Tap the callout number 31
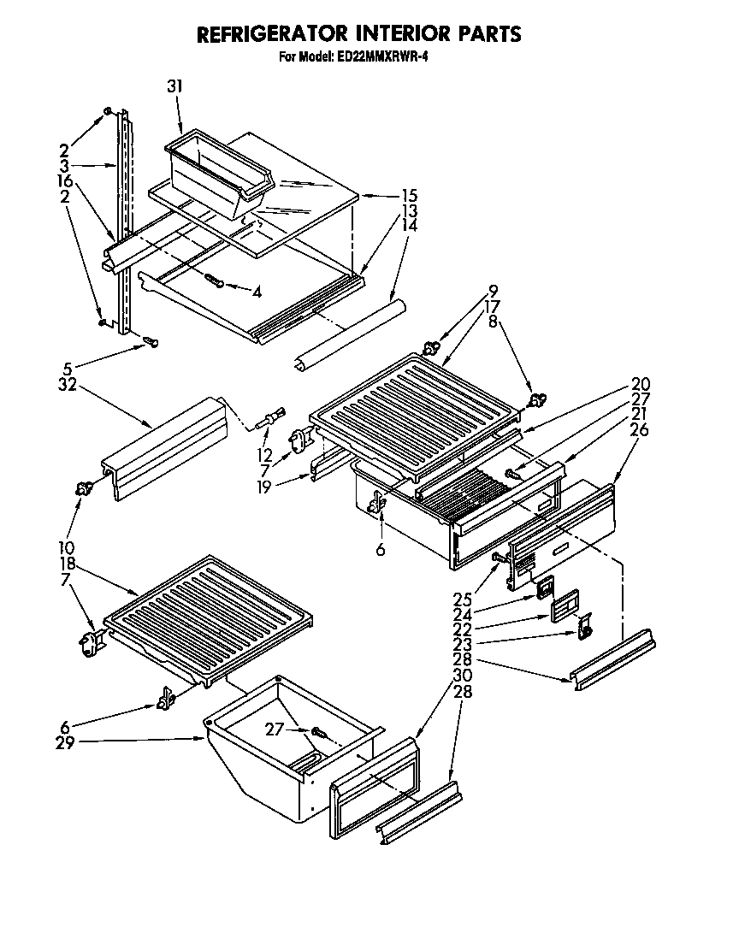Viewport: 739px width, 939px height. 175,86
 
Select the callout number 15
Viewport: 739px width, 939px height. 387,195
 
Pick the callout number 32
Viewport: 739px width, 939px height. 67,385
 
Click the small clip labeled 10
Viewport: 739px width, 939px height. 83,489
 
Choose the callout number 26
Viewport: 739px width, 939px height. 640,429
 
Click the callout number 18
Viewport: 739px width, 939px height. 68,564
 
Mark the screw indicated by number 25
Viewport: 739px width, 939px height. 498,558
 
